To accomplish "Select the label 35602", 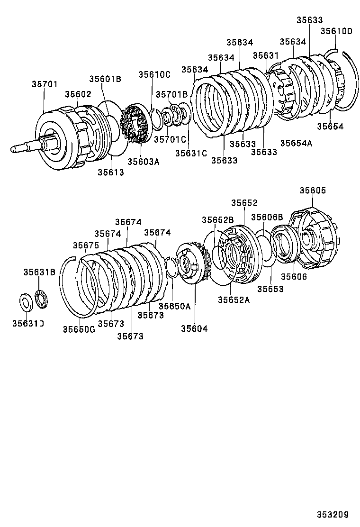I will click(78, 94).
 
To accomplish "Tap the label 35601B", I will click(105, 79).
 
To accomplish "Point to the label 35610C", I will click(154, 74).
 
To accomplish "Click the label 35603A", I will click(143, 162).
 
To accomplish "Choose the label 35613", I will click(110, 173).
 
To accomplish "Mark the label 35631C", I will click(191, 153).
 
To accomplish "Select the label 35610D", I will click(336, 31).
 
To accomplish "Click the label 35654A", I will click(296, 143).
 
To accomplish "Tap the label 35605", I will click(313, 191).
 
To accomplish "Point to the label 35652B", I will click(217, 220).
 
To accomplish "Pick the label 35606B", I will click(267, 217).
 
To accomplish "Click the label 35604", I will click(194, 328).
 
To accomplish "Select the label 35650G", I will click(79, 329).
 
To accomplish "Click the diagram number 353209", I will click(333, 514).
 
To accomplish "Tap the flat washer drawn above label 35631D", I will click(25, 302).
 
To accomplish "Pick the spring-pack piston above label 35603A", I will click(135, 125).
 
